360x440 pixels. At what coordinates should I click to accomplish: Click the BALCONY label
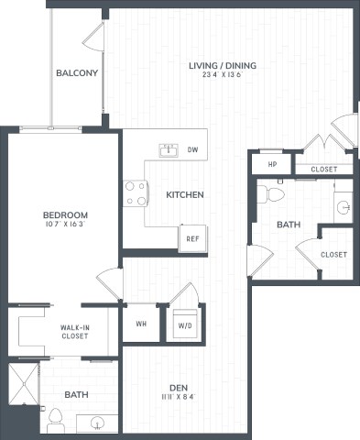77,73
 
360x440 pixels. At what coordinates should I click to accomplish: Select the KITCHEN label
184,194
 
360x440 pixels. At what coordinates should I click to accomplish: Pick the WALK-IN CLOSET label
75,331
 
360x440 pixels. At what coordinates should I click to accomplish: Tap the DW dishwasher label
192,148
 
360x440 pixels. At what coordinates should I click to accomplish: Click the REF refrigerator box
192,237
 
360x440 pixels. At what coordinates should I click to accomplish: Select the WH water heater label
142,323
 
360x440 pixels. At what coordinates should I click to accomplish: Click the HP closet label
272,164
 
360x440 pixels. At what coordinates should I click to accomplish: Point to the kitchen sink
169,148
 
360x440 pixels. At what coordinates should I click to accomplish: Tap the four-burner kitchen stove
136,192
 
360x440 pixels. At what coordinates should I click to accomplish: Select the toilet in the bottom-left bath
54,420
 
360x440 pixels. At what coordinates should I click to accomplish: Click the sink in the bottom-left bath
98,423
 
